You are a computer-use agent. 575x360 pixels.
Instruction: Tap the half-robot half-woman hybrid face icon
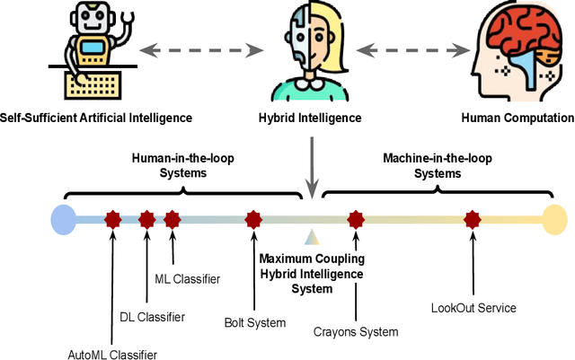tap(306, 50)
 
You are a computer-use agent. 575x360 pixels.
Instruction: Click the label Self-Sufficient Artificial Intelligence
tap(96, 117)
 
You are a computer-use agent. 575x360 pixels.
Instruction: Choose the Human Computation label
tap(517, 117)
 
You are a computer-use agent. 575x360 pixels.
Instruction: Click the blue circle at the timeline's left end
tap(64, 218)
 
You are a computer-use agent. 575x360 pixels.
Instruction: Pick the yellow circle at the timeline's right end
tap(554, 218)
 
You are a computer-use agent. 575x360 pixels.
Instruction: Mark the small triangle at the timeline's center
tap(312, 237)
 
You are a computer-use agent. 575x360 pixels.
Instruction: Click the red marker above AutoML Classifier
tap(112, 218)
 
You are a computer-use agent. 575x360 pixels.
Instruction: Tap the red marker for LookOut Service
tap(473, 218)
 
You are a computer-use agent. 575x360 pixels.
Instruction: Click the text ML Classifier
tap(187, 279)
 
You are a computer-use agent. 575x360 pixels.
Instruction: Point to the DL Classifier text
tap(153, 317)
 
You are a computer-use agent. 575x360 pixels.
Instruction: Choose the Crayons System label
tap(356, 332)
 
